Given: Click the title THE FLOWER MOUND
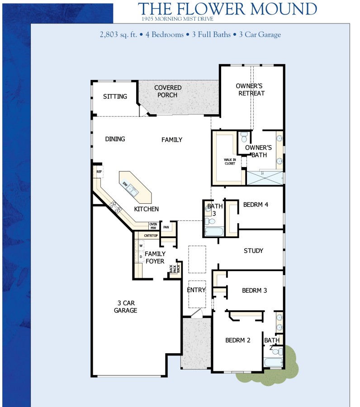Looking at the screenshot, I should (227, 9).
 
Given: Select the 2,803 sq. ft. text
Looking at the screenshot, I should (120, 35).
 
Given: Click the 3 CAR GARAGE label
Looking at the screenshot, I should (125, 307).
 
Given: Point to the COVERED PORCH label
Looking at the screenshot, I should (168, 91).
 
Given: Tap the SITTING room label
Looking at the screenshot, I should (115, 97).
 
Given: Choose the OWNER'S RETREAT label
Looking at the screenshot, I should (250, 89).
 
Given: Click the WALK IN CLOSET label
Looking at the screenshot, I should (230, 161).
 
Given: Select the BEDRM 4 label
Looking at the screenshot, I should (256, 205).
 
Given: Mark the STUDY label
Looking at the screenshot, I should (253, 251).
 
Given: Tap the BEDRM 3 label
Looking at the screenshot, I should (254, 290).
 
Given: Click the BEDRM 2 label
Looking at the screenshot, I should (238, 340).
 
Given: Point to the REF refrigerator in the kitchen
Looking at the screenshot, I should (99, 172).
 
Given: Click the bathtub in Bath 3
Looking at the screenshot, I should (213, 232).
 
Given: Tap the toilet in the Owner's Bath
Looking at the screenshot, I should (244, 136).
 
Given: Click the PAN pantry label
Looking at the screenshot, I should (166, 227).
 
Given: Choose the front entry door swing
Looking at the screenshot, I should (197, 313).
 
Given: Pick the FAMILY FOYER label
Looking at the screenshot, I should (155, 257).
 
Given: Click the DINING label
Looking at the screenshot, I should (115, 139).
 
